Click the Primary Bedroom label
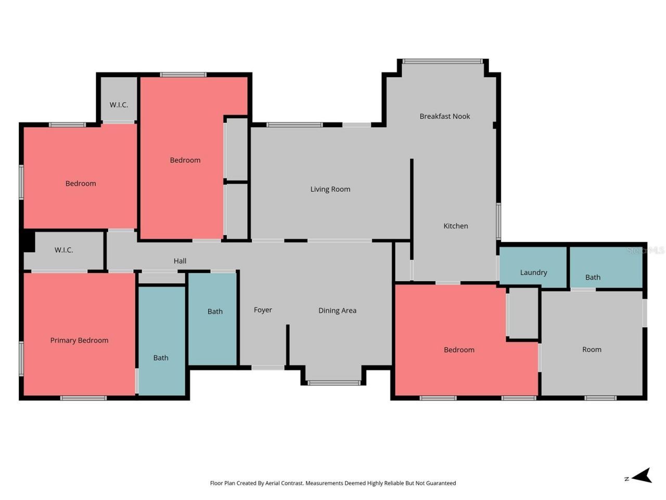(x=79, y=340)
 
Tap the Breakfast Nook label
(x=444, y=116)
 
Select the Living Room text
(x=330, y=189)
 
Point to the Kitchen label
(x=455, y=226)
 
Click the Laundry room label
(x=533, y=272)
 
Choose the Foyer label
(x=263, y=310)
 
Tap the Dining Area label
(x=337, y=310)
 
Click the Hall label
(x=180, y=261)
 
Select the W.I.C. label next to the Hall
(x=63, y=250)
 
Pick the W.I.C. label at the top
(x=119, y=105)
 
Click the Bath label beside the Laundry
(x=593, y=277)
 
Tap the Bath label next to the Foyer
(x=215, y=311)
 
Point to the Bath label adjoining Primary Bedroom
(x=161, y=358)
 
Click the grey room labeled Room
(x=592, y=349)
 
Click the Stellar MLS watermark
(x=645, y=251)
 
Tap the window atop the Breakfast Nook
(x=443, y=61)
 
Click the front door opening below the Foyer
(x=268, y=368)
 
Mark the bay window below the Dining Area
(x=334, y=383)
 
